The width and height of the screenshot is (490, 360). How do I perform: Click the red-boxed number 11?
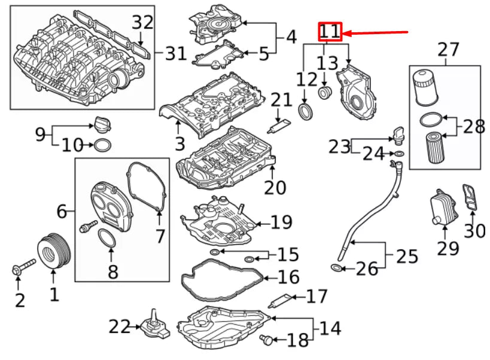(x=330, y=32)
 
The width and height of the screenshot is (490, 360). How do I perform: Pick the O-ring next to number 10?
(x=102, y=145)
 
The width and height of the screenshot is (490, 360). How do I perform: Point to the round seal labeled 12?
(x=305, y=111)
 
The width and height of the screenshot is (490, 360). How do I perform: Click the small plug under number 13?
(x=325, y=93)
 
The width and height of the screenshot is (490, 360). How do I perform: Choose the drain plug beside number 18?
(x=267, y=340)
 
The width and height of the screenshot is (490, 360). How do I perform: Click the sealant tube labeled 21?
(x=280, y=125)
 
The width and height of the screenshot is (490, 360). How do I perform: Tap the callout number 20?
(x=275, y=188)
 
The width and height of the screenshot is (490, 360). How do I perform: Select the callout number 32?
(x=142, y=23)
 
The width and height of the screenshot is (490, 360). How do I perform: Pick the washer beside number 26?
(x=337, y=267)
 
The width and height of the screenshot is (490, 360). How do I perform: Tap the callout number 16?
(x=288, y=278)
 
